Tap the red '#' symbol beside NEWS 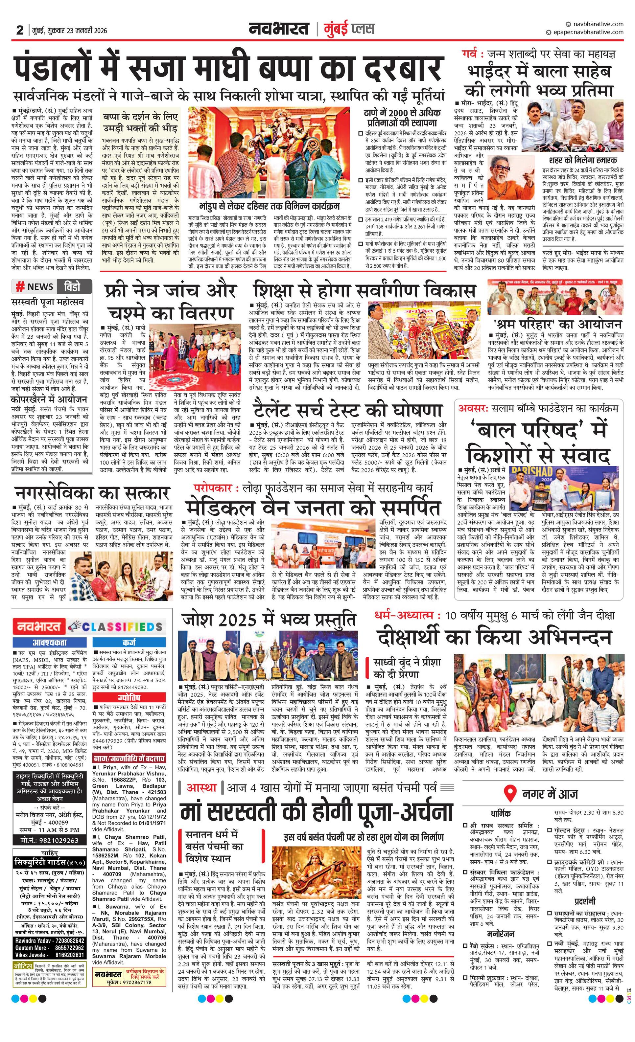pos(19,287)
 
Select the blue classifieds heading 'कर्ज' pos(129,642)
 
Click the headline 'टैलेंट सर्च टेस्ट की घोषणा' pos(348,410)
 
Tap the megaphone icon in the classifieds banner pos(75,627)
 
